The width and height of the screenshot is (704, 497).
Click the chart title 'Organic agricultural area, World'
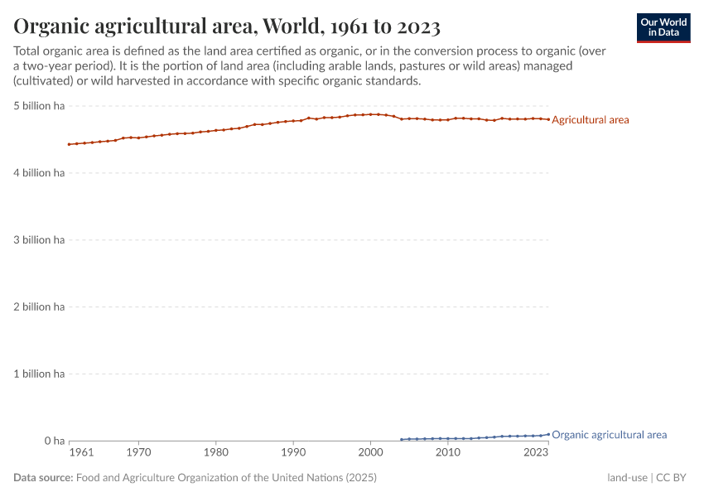click(226, 27)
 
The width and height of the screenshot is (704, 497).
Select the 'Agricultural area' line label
click(590, 120)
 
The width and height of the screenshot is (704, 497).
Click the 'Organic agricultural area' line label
click(609, 435)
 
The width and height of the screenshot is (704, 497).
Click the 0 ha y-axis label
click(54, 442)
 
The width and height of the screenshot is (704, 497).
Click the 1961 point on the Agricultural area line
click(70, 144)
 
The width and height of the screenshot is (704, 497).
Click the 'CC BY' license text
click(673, 478)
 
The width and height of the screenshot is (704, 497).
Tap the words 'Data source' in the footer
click(43, 478)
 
